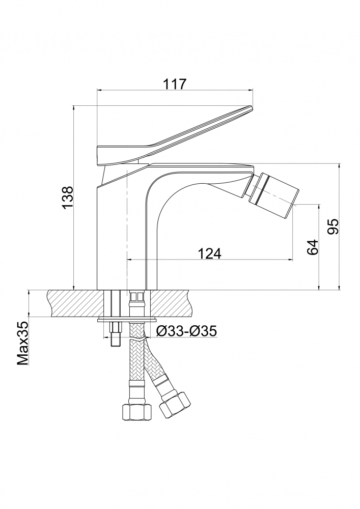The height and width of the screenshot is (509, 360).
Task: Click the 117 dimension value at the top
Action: click(x=175, y=83)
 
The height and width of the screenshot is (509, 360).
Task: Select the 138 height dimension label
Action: click(x=68, y=197)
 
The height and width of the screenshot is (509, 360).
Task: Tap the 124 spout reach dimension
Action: click(x=209, y=253)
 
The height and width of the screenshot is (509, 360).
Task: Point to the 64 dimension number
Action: click(x=312, y=247)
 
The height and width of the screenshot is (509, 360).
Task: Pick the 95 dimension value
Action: click(x=333, y=227)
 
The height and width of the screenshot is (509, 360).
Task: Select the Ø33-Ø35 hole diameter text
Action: click(x=186, y=331)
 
